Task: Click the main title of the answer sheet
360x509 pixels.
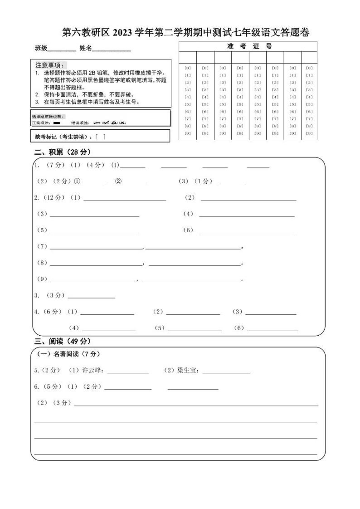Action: [185, 33]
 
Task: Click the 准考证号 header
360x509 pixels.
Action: [249, 46]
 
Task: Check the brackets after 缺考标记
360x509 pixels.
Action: [101, 136]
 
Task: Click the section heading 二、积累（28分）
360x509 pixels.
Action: [63, 152]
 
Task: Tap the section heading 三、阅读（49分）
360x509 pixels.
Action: [63, 341]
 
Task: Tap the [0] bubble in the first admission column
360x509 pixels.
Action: [188, 68]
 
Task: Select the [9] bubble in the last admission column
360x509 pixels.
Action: [309, 133]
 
